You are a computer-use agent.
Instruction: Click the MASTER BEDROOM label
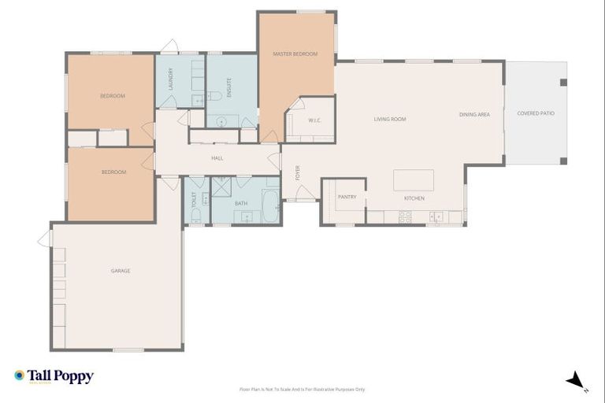pos(295,54)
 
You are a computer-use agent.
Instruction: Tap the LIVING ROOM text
pos(389,119)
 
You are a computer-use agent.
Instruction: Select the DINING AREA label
pos(474,115)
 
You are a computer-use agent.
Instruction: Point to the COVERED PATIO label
pos(536,113)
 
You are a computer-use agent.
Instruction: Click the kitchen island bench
pos(414,179)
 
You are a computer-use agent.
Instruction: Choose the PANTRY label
pos(347,197)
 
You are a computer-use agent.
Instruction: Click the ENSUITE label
pos(228,86)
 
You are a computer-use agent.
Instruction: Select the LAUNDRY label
pos(170,79)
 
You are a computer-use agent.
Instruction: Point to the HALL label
pos(217,158)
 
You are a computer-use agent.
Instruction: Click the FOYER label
pos(298,172)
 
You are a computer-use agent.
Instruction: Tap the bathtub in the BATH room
pos(269,207)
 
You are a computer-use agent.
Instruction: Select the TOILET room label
pos(193,200)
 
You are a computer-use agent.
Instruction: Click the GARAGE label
pos(121,271)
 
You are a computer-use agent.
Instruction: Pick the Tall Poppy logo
pos(54,376)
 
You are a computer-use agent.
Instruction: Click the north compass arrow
pos(576,380)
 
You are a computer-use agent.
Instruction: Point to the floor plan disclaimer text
pos(302,389)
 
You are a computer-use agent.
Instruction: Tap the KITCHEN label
pos(414,198)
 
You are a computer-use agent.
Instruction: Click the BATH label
pos(241,203)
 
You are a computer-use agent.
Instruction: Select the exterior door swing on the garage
pos(44,238)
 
